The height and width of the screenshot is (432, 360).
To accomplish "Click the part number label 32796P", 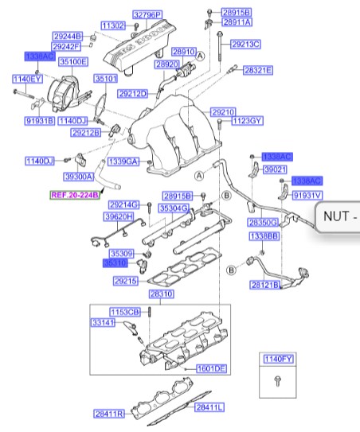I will [x=147, y=15].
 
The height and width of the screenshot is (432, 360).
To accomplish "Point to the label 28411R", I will [x=107, y=414].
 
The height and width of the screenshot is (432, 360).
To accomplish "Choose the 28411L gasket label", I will [x=210, y=407].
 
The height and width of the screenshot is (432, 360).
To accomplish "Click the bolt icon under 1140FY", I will [x=276, y=382].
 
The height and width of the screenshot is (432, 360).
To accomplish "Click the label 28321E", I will [x=258, y=70].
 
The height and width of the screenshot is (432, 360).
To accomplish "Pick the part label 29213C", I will [x=246, y=44].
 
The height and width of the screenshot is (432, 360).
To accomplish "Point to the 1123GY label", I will [x=247, y=122].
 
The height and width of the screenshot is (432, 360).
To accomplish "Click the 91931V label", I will [x=307, y=194].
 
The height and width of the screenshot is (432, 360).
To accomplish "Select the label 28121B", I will [x=264, y=284].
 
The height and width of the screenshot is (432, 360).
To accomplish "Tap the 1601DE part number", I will [x=213, y=368].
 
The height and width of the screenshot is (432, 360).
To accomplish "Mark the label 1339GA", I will [x=123, y=162].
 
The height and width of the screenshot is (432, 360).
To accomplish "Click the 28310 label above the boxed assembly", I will [x=162, y=294].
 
